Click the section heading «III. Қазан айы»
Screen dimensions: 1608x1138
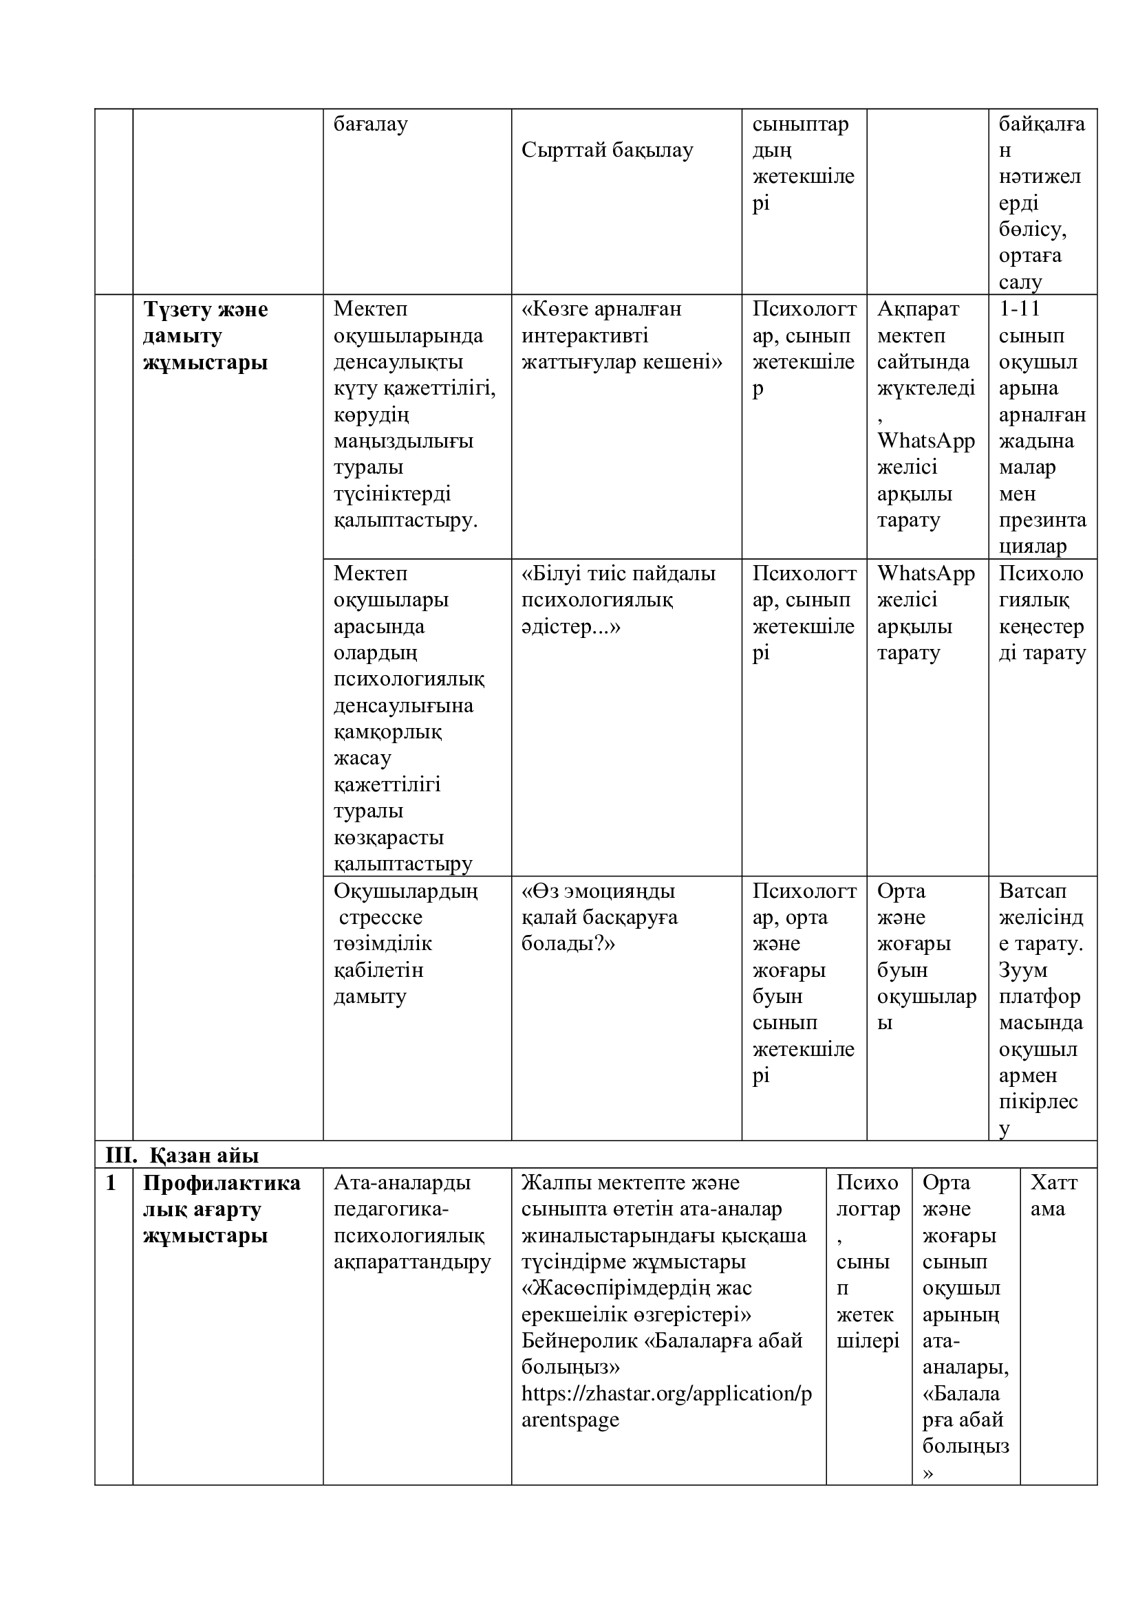tap(182, 1155)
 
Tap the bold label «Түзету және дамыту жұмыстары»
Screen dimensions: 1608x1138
tap(205, 335)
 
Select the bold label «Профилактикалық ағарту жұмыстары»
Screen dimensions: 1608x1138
tap(222, 1209)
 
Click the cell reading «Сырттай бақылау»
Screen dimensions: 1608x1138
tap(607, 150)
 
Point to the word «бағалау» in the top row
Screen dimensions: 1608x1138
tap(370, 124)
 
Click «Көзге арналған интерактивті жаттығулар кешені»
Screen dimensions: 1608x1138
tap(621, 335)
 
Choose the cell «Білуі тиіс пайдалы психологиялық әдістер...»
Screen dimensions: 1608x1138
tap(618, 599)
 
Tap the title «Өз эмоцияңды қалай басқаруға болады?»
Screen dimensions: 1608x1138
tap(599, 918)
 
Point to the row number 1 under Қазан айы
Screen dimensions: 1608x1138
tap(111, 1183)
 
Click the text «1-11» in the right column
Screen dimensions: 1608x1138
tap(1020, 309)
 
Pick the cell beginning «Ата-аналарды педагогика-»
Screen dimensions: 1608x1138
tap(412, 1223)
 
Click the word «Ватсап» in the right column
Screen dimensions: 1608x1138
tap(1032, 891)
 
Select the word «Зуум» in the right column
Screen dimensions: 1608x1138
tap(1023, 970)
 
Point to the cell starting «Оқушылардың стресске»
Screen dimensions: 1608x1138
tap(405, 943)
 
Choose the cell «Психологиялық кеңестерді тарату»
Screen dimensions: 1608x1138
tap(1041, 613)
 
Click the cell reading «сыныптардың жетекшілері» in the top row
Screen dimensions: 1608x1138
tap(803, 163)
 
